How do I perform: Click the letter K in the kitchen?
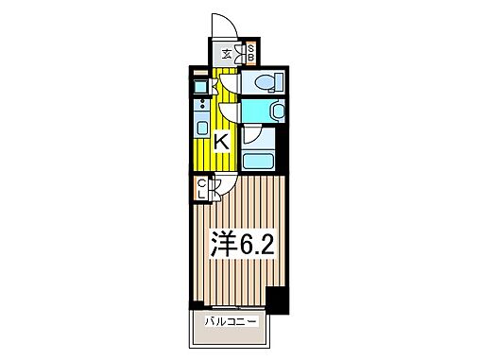(221, 143)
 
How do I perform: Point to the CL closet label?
(201, 188)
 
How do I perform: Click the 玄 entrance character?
(228, 54)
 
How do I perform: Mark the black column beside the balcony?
(275, 301)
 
